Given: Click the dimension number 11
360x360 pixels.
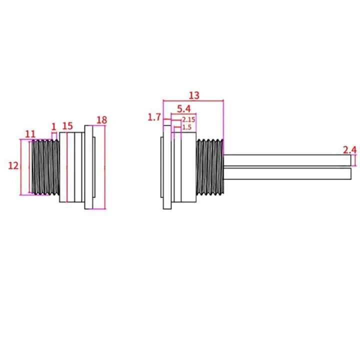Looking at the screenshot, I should pyautogui.click(x=30, y=133).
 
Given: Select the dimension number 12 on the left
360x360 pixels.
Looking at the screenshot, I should pyautogui.click(x=13, y=165).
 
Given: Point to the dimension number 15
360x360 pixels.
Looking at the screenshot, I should pyautogui.click(x=67, y=125).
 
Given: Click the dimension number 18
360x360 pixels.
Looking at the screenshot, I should pyautogui.click(x=101, y=120).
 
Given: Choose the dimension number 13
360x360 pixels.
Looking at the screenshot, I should pyautogui.click(x=194, y=94).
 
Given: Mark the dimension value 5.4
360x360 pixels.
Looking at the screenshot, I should pyautogui.click(x=183, y=108).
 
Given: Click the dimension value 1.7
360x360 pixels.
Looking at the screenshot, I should pyautogui.click(x=154, y=117).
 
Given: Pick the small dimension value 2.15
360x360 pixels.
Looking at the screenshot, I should pyautogui.click(x=188, y=120).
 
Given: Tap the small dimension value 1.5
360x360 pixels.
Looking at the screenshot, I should pyautogui.click(x=187, y=128).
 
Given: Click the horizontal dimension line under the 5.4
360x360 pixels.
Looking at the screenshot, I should pyautogui.click(x=183, y=114).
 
